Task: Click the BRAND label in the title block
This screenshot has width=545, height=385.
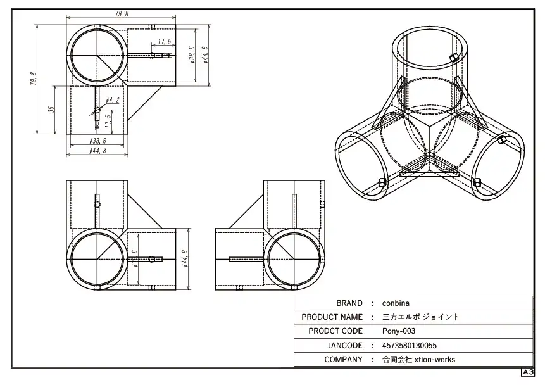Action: [x=349, y=303]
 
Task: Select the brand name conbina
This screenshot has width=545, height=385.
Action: [x=396, y=303]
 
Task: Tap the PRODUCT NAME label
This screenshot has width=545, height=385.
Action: [x=332, y=317]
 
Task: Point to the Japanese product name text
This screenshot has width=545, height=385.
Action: [x=420, y=317]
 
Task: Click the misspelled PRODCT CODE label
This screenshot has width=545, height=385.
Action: [x=335, y=331]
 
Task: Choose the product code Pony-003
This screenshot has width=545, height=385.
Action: [x=399, y=331]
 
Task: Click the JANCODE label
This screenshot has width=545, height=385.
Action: [x=345, y=346]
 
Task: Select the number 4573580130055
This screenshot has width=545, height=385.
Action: [x=410, y=346]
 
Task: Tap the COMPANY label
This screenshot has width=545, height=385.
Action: [x=343, y=360]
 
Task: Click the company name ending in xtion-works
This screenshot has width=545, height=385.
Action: [x=419, y=360]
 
